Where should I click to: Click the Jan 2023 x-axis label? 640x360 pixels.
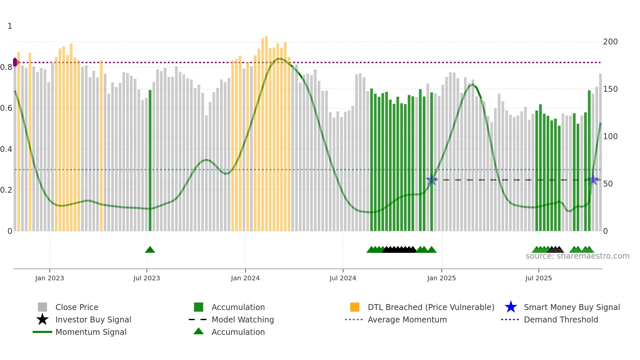tap(50, 278)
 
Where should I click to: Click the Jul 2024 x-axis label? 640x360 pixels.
tap(343, 278)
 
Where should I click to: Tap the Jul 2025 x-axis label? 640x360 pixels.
tap(538, 278)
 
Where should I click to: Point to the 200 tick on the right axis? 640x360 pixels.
tap(610, 42)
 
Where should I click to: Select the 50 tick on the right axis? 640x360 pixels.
tap(608, 184)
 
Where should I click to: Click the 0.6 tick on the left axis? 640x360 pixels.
tap(7, 108)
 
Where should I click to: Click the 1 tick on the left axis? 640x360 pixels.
tap(10, 26)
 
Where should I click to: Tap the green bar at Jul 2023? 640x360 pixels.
tap(150, 160)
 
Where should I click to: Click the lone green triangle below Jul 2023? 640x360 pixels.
tap(150, 250)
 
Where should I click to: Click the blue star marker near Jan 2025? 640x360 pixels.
tap(431, 180)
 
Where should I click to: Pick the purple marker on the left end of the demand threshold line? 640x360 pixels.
tap(15, 62)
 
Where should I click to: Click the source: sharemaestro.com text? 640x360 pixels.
tap(577, 256)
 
